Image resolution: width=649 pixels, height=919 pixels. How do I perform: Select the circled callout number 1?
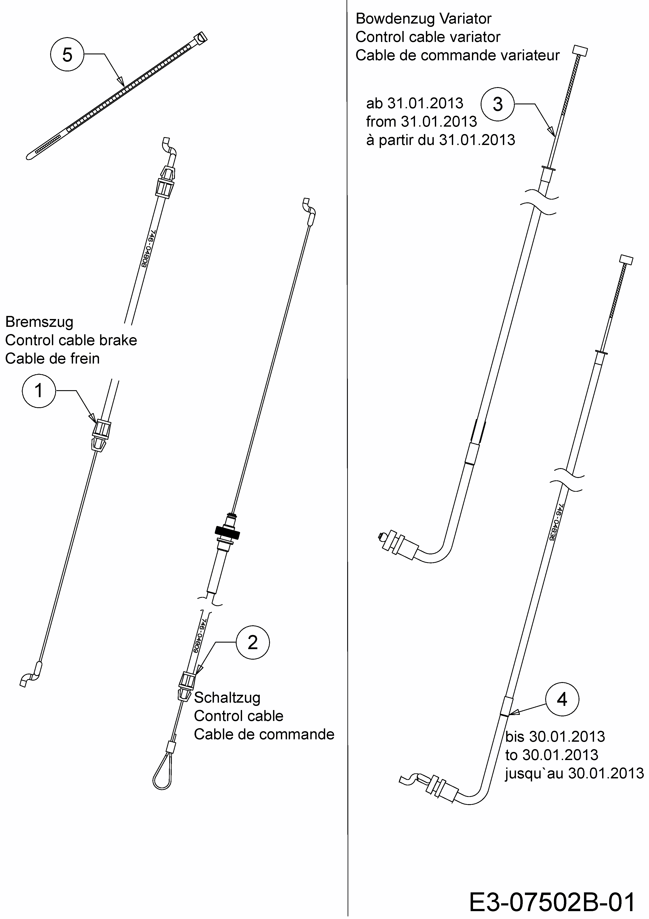pyautogui.click(x=39, y=391)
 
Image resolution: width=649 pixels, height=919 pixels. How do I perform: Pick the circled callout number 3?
pyautogui.click(x=497, y=104)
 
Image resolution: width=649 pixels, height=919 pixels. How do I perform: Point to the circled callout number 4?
pyautogui.click(x=562, y=699)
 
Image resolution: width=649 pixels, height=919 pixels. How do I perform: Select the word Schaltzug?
pyautogui.click(x=227, y=698)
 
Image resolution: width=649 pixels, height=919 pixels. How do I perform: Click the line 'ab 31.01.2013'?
pyautogui.click(x=415, y=103)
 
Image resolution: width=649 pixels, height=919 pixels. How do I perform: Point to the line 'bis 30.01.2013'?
pyautogui.click(x=555, y=736)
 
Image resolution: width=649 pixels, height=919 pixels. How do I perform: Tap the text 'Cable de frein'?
pyautogui.click(x=52, y=359)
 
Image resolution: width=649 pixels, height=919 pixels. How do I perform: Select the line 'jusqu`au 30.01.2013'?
pyautogui.click(x=574, y=773)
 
